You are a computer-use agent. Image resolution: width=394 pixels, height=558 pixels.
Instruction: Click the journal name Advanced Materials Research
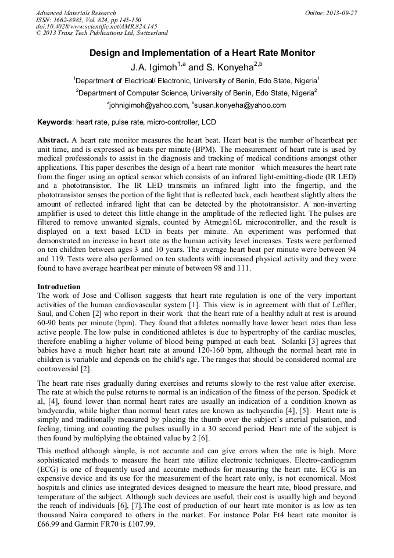click(x=76, y=13)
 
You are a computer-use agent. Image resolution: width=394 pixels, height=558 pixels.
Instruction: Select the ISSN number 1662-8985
click(x=74, y=20)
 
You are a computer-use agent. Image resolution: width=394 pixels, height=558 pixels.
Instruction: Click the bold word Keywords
click(x=55, y=123)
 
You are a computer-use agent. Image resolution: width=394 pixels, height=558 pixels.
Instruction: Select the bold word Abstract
click(x=53, y=141)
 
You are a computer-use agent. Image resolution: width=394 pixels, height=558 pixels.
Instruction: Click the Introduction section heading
click(x=59, y=287)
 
